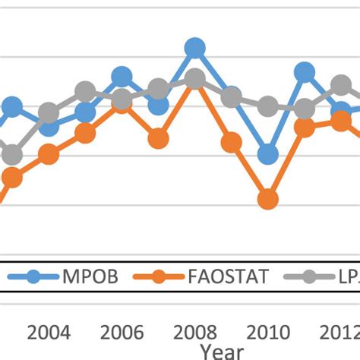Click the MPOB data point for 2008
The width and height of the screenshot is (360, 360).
click(195, 49)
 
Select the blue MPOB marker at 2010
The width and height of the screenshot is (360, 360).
click(267, 155)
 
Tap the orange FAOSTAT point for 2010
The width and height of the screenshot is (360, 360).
click(267, 200)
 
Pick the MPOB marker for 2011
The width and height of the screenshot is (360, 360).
click(305, 73)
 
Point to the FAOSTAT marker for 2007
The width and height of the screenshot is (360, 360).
click(158, 139)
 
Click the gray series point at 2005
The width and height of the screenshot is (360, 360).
click(85, 93)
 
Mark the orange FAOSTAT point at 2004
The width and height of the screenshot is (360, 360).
click(49, 155)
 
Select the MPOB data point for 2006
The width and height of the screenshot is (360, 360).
click(122, 77)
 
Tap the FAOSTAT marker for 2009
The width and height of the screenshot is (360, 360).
click(232, 142)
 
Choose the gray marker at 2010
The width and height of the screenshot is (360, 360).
click(267, 106)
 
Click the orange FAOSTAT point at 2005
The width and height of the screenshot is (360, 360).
click(85, 134)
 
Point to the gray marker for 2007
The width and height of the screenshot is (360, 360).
click(158, 90)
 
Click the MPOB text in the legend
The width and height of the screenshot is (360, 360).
click(89, 276)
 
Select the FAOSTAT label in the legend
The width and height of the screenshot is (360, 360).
click(226, 276)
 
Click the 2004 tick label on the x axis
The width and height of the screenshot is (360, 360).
click(49, 333)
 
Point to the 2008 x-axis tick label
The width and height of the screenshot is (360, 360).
click(195, 333)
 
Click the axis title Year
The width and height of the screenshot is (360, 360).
click(222, 352)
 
